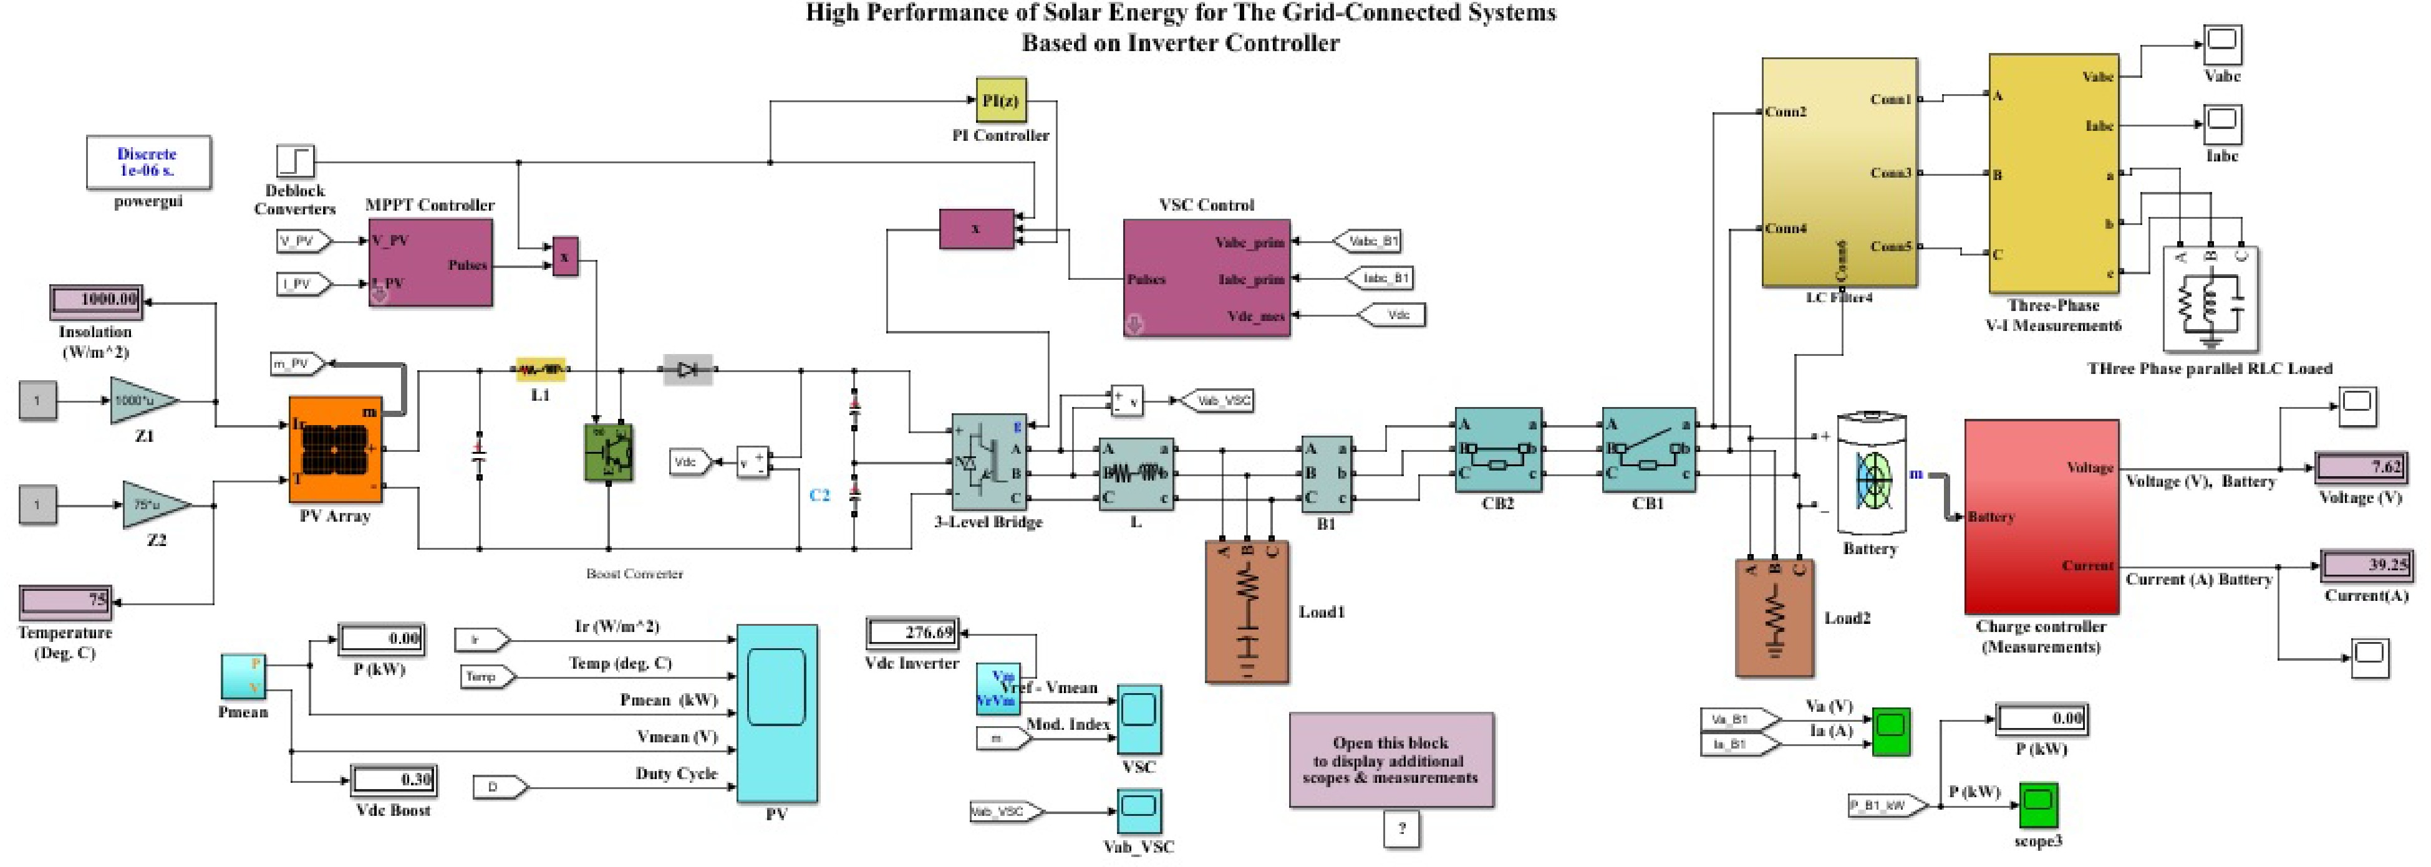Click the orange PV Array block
tap(335, 449)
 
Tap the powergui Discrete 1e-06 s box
tap(148, 162)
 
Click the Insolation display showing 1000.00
tap(96, 300)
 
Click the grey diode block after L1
tap(688, 370)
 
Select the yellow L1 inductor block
tap(541, 370)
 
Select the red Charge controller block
tap(2041, 516)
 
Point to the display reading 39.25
tap(2366, 565)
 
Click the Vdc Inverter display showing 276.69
tap(912, 632)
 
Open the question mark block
tap(1401, 829)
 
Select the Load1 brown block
tap(1247, 611)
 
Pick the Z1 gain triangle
tap(142, 401)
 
